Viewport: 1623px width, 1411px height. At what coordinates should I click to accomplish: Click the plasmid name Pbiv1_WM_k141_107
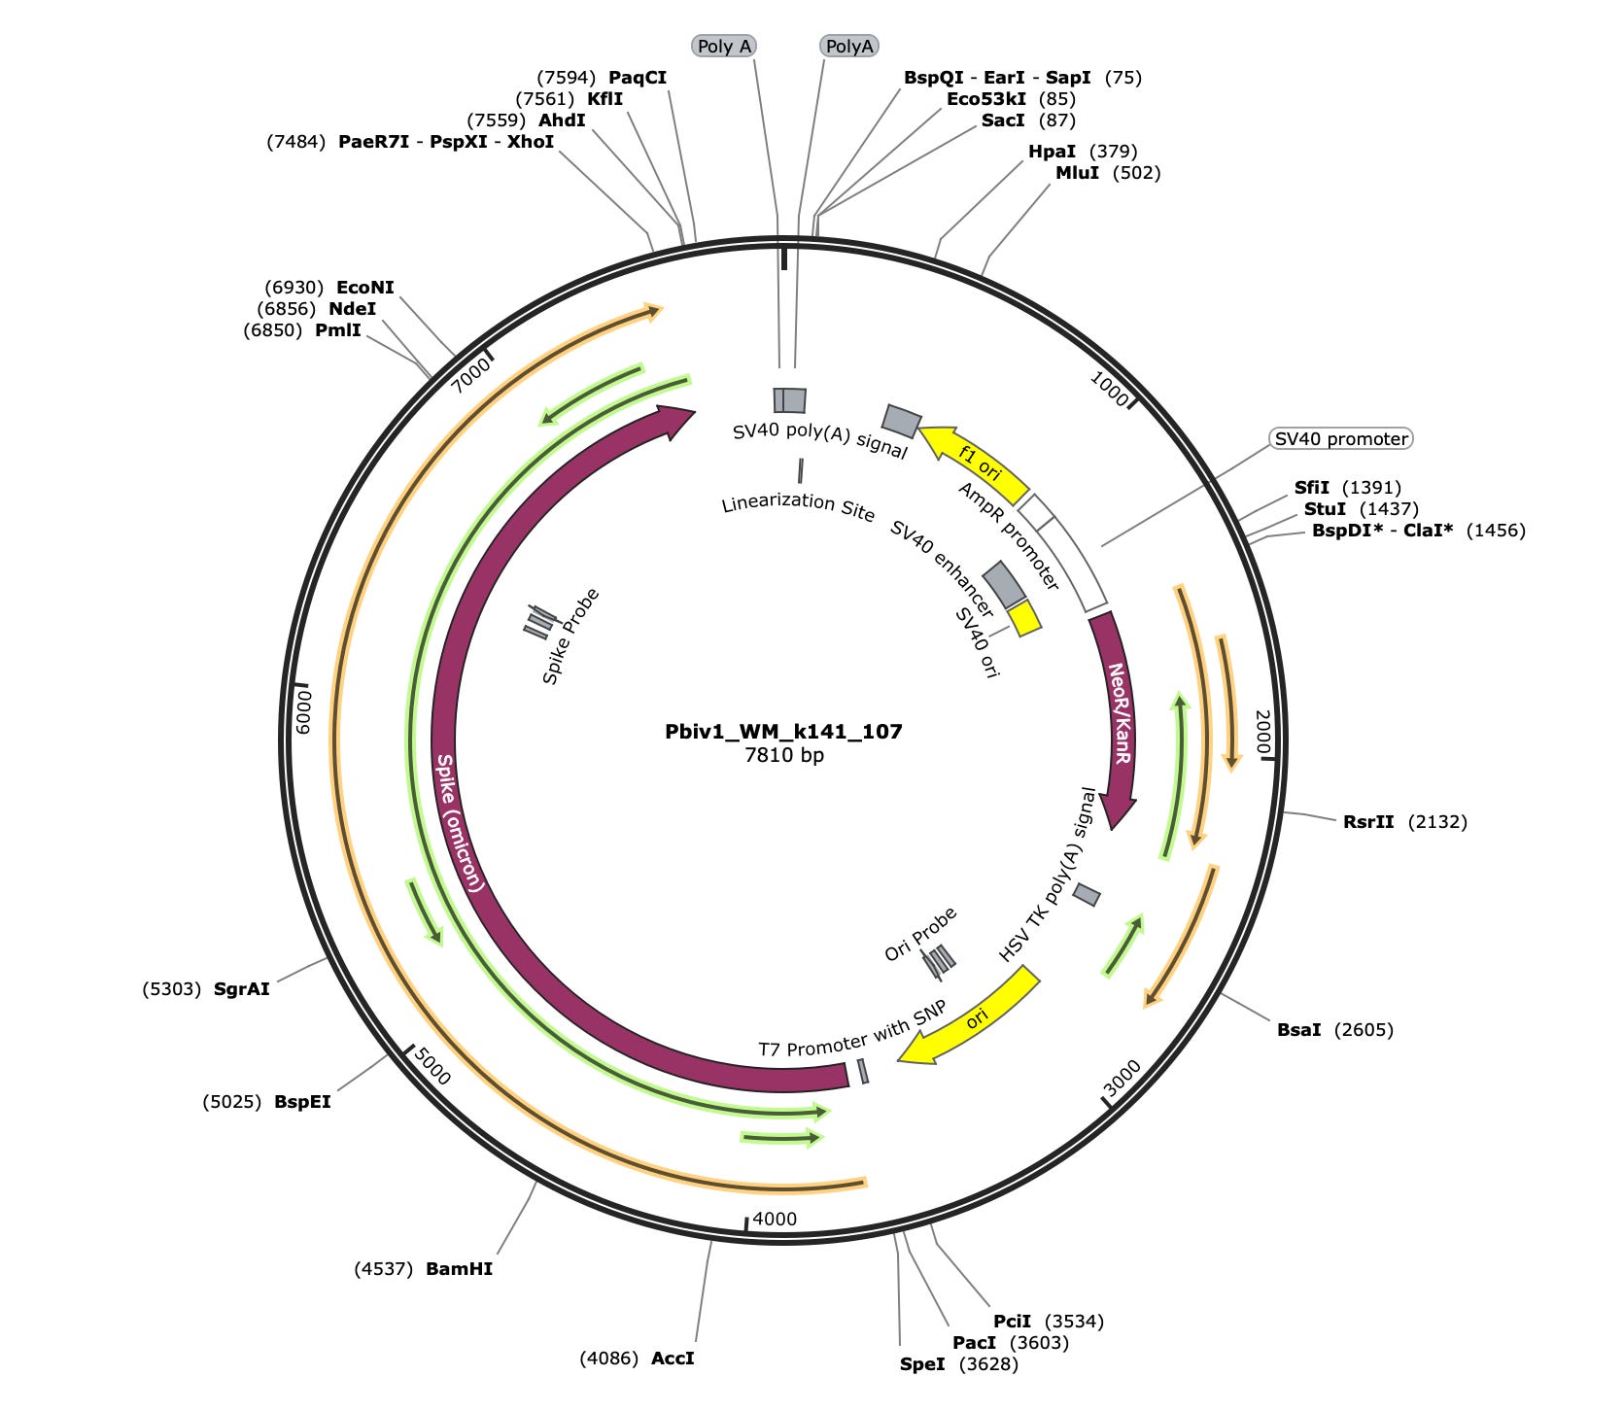coord(783,731)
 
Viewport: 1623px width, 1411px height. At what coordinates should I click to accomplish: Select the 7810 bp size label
coord(783,755)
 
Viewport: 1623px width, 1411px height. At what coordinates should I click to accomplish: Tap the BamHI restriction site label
coord(459,1269)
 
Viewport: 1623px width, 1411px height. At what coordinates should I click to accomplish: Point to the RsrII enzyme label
coord(1368,822)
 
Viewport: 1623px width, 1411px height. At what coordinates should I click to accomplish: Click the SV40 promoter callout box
coord(1341,439)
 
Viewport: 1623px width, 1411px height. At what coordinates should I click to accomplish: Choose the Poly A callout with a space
coord(724,47)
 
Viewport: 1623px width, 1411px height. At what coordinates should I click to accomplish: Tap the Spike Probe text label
coord(570,637)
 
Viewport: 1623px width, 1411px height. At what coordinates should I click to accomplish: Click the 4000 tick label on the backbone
coord(775,1219)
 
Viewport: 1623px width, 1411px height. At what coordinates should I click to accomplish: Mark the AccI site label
coord(673,1359)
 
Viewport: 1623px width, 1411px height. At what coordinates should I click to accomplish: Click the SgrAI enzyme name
coord(241,989)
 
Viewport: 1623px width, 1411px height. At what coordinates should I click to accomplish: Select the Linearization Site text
coord(798,506)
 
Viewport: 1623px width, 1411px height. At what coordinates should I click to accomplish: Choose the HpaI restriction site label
coord(1052,152)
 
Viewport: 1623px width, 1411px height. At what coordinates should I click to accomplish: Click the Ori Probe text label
coord(920,934)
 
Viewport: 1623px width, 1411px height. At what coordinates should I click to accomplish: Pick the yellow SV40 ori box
coord(1023,619)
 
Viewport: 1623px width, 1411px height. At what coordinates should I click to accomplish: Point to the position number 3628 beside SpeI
coord(988,1364)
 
